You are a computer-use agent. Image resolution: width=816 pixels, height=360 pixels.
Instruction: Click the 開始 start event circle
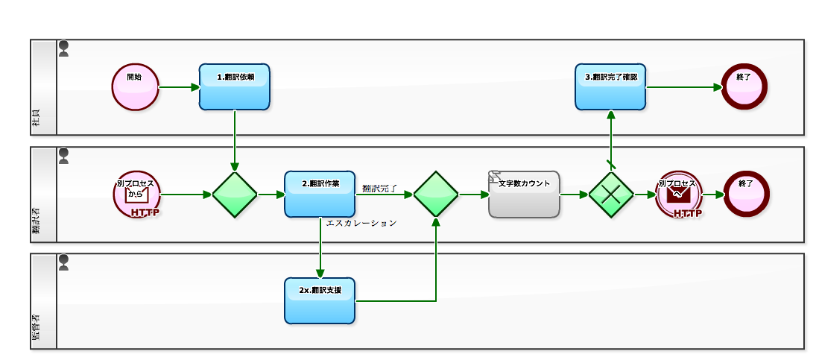[x=136, y=87]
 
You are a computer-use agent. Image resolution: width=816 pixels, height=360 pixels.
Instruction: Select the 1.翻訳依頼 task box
[x=235, y=87]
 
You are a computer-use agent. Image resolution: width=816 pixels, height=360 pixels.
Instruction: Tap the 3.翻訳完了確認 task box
[x=610, y=87]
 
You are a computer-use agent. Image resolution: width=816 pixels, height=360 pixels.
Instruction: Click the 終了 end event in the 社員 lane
[x=744, y=86]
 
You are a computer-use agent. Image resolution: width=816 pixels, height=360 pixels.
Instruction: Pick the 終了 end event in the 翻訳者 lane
[x=746, y=194]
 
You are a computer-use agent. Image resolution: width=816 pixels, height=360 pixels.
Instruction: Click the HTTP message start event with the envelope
[x=136, y=195]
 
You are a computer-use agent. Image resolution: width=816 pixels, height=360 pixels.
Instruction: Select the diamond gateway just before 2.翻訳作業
[x=235, y=195]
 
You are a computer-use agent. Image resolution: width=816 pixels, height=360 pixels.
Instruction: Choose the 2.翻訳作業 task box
[x=320, y=195]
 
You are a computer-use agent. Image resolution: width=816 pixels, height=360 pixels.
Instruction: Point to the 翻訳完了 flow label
[x=380, y=188]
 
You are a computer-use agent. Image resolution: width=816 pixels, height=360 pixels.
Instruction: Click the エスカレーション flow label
[x=361, y=223]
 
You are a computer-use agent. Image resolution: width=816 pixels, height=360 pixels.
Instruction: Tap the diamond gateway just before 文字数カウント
[x=436, y=195]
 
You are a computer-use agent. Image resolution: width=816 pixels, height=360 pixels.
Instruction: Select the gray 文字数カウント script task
[x=524, y=195]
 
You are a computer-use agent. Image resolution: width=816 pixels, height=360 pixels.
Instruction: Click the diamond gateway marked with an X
[x=611, y=195]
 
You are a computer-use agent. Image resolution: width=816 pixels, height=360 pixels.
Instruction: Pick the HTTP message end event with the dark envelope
[x=679, y=195]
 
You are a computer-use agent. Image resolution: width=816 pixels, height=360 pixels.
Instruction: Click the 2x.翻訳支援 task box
[x=320, y=301]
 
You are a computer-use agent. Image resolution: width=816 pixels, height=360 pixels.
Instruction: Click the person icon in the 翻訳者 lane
[x=64, y=155]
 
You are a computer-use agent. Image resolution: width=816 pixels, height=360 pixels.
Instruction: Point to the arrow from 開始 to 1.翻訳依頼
[x=179, y=87]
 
